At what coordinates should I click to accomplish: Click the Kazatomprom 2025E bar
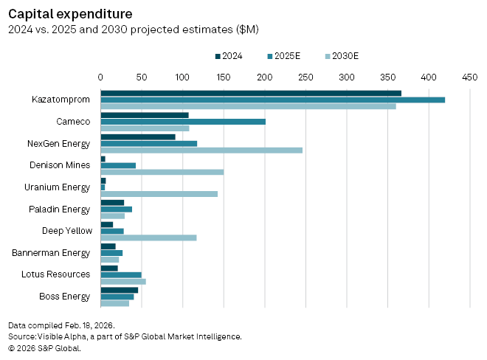pos(272,100)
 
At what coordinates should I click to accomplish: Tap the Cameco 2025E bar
pos(183,121)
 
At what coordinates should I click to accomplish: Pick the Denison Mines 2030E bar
pos(162,172)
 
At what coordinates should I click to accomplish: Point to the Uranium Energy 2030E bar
pos(159,194)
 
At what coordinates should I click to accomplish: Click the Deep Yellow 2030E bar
pos(148,238)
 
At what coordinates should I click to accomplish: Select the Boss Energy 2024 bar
pos(119,289)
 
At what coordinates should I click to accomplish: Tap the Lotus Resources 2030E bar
pos(123,281)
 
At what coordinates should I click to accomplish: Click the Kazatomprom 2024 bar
pos(251,93)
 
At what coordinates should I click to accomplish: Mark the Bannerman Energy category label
pos(52,252)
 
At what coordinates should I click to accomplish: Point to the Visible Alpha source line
pos(125,336)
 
